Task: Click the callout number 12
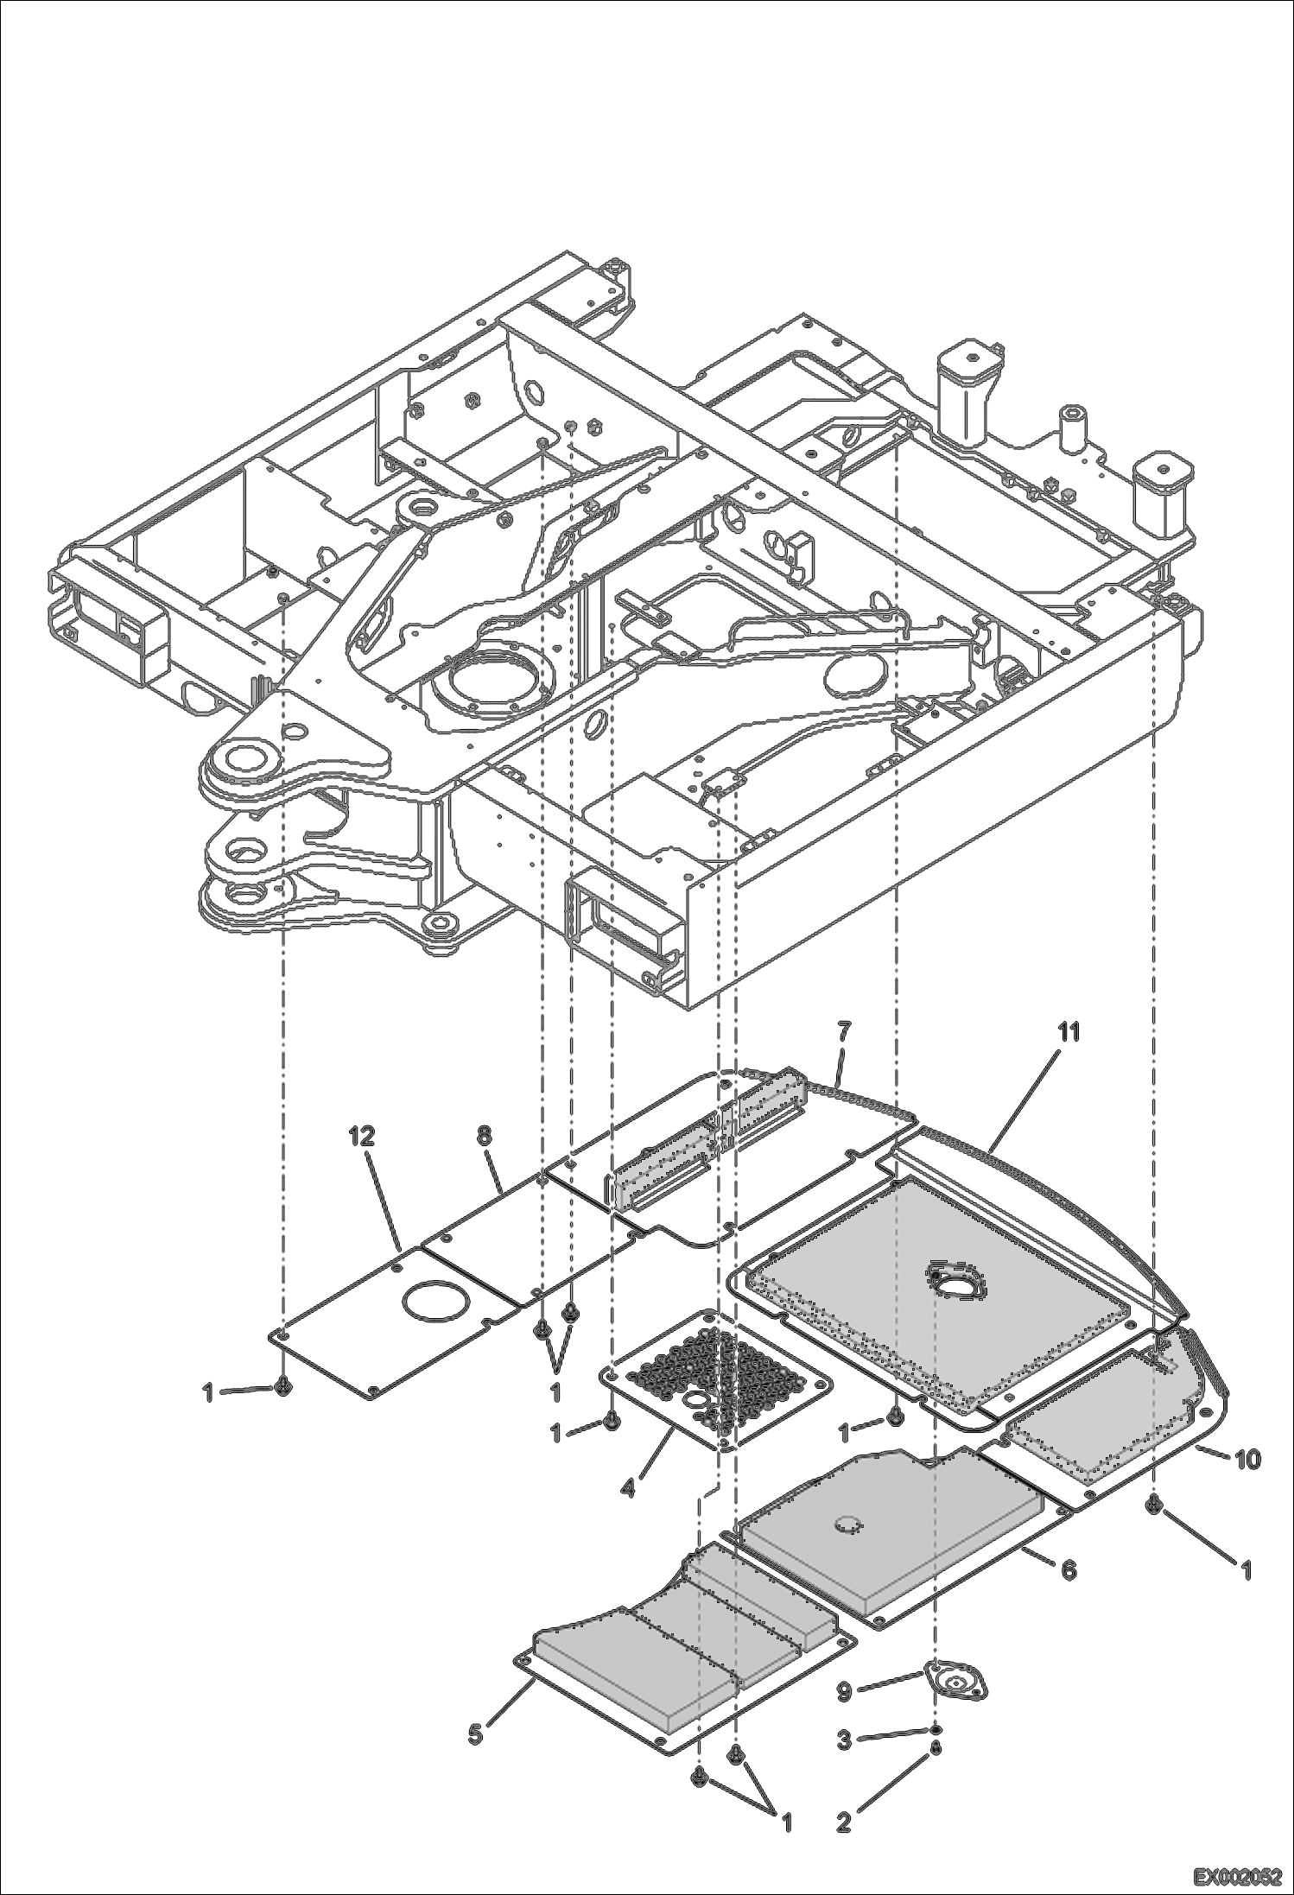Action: point(362,1138)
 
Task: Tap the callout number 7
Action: point(844,1030)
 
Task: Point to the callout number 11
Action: point(1069,1032)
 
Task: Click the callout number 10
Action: point(1246,1460)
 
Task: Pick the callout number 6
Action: point(1069,1569)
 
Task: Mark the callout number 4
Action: point(630,1489)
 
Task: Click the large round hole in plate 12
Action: point(435,1300)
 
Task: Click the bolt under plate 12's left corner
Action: point(284,1387)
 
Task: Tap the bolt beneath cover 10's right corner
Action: point(1154,1505)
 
